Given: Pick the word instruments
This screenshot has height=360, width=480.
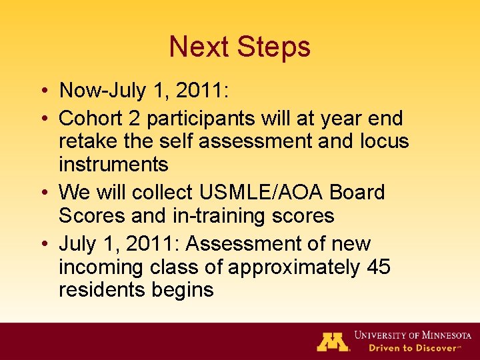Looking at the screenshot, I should [x=113, y=165].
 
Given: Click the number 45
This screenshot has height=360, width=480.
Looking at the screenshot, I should [x=379, y=267].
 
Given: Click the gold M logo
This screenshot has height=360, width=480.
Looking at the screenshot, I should [x=333, y=341].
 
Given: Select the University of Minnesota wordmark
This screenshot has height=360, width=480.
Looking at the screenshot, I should [x=413, y=335].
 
